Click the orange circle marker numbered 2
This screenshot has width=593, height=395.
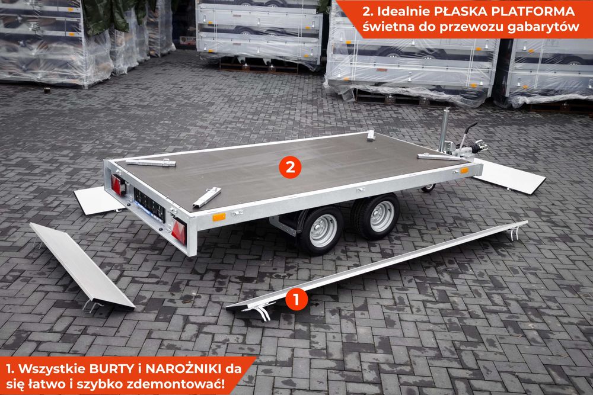tap(290, 168)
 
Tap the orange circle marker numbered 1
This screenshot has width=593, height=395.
tap(296, 300)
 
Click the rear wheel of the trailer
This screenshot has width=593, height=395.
tap(321, 230)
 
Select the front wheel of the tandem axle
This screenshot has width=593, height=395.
tap(378, 216)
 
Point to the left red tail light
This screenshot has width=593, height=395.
tap(119, 185)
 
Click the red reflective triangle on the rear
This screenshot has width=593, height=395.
tap(178, 231)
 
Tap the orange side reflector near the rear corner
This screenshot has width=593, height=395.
tap(219, 217)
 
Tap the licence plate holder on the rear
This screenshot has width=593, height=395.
tap(149, 204)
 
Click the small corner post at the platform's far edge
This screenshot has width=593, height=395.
tap(371, 136)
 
